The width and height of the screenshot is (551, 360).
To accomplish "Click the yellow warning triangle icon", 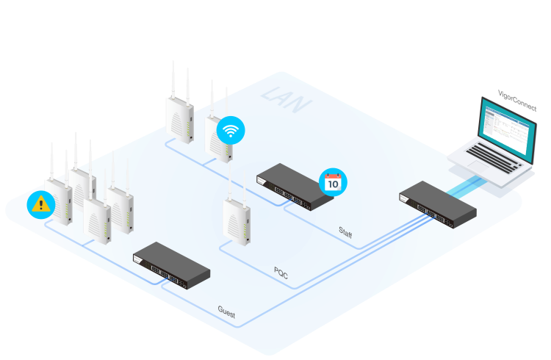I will pos(40,204).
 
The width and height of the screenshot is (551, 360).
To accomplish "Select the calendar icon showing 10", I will pos(333,182).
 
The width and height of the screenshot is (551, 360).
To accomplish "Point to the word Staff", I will pos(345,234).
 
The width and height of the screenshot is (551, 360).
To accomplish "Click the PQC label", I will pos(281,273).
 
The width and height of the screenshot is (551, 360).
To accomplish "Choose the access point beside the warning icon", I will pos(59,202).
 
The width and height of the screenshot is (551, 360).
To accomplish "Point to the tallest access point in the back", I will pos(179,118).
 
